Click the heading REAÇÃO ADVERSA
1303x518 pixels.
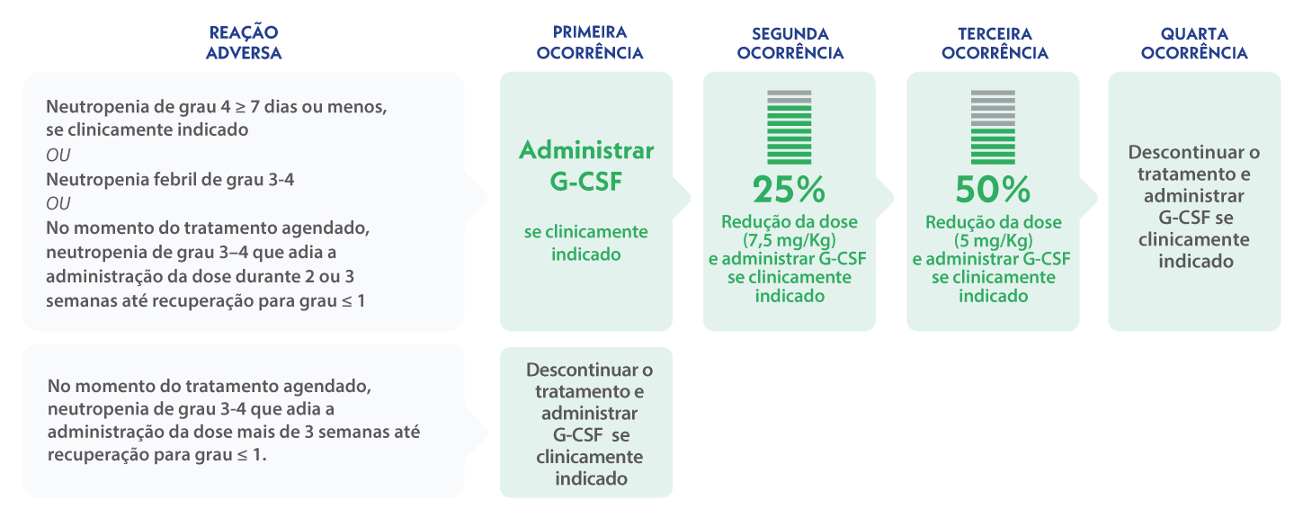click(x=243, y=43)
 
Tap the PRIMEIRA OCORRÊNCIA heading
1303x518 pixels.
click(x=590, y=43)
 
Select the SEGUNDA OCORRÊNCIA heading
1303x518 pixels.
click(x=790, y=43)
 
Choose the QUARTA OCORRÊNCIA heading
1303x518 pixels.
click(x=1194, y=43)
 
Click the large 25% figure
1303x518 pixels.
click(x=789, y=190)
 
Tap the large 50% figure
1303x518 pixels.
click(x=993, y=190)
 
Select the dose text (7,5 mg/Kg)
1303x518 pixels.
click(x=790, y=241)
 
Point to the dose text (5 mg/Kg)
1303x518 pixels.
click(x=993, y=241)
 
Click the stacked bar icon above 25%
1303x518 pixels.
click(x=789, y=126)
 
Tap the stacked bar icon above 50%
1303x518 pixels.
click(x=993, y=126)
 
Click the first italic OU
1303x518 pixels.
click(x=58, y=156)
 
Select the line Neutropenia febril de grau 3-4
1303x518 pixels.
click(x=170, y=179)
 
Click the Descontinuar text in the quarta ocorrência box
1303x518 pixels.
click(x=1194, y=152)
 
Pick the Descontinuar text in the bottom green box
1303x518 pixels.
click(x=590, y=370)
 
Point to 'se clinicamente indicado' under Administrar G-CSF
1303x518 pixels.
click(x=586, y=243)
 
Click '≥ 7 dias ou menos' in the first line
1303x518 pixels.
click(x=308, y=107)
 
